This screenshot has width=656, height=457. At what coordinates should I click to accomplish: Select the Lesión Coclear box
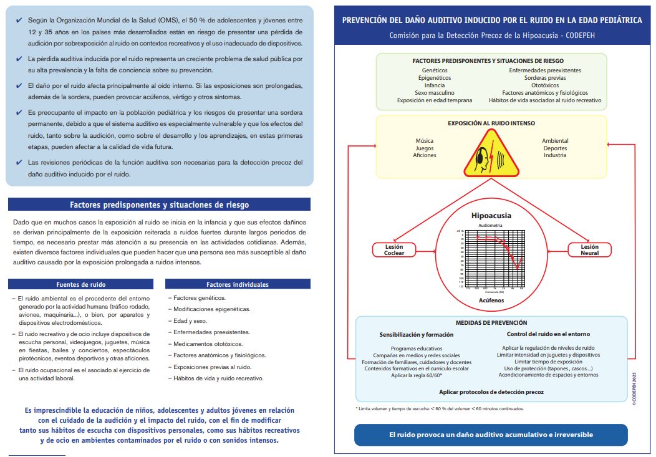point(394,250)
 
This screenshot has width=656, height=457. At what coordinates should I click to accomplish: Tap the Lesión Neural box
point(589,250)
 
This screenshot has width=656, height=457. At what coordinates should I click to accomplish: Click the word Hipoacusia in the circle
point(491,216)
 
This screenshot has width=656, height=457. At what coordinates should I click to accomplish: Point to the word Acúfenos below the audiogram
point(491,300)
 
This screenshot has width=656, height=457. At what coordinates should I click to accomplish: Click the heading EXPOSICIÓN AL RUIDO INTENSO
point(491,123)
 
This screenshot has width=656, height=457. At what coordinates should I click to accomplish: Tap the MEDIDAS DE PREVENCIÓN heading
point(491,323)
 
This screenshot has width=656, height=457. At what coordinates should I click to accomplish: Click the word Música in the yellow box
point(424,141)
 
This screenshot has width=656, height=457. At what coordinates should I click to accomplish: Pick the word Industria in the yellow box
point(555,155)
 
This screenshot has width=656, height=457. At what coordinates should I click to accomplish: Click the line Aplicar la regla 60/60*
point(417,375)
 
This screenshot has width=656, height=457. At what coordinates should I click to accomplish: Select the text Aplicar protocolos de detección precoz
point(491,392)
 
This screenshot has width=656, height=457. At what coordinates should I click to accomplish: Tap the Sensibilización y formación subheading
point(417,335)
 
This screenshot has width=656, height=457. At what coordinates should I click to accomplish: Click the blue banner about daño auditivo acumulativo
point(491,435)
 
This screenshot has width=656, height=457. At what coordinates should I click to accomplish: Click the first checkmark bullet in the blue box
point(19,21)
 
